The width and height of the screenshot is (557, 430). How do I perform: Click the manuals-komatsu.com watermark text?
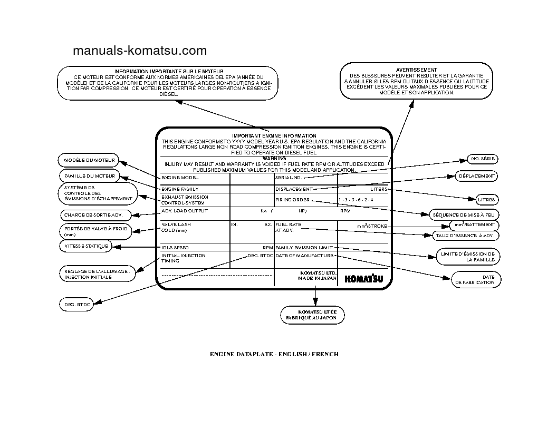pyautogui.click(x=139, y=51)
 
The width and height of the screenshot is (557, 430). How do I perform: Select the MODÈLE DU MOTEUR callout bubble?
pyautogui.click(x=89, y=160)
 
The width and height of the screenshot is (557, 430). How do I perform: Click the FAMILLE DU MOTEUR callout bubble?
pyautogui.click(x=89, y=176)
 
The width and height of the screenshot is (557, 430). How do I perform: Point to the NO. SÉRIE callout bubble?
pyautogui.click(x=482, y=159)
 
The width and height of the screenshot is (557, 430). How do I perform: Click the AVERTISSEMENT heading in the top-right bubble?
pyautogui.click(x=416, y=70)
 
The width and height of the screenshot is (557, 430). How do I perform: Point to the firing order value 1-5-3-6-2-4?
pyautogui.click(x=356, y=200)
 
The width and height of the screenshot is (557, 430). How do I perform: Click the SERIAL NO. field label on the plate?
pyautogui.click(x=289, y=178)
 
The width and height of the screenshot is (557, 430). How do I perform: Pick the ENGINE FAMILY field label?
pyautogui.click(x=180, y=189)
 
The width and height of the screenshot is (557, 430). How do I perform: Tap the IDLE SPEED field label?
pyautogui.click(x=175, y=247)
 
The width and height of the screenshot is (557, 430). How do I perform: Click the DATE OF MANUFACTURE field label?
pyautogui.click(x=305, y=256)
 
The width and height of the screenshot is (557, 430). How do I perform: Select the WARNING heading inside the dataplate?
pyautogui.click(x=274, y=158)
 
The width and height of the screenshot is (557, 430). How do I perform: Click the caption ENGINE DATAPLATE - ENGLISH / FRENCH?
pyautogui.click(x=274, y=354)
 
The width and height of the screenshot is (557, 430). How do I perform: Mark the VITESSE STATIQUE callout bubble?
pyautogui.click(x=87, y=246)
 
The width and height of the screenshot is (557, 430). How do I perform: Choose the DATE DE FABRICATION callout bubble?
pyautogui.click(x=475, y=279)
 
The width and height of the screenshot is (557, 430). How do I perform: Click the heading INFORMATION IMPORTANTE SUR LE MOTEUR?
pyautogui.click(x=169, y=71)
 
